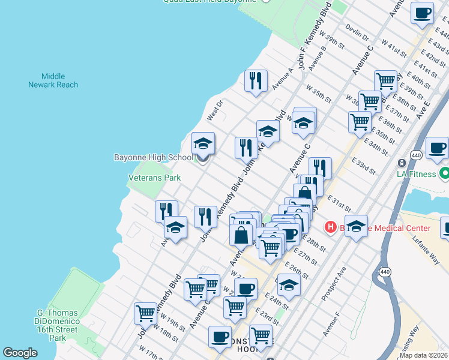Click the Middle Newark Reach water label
[53, 80]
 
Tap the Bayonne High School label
[154, 157]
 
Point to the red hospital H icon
[330, 227]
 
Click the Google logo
[20, 353]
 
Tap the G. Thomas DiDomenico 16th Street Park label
[58, 325]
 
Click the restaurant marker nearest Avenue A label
[256, 80]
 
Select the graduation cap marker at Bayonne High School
[203, 145]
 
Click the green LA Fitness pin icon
[444, 175]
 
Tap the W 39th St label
[332, 40]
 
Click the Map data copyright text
[424, 355]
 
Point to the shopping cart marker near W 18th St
[146, 313]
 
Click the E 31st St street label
[339, 203]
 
